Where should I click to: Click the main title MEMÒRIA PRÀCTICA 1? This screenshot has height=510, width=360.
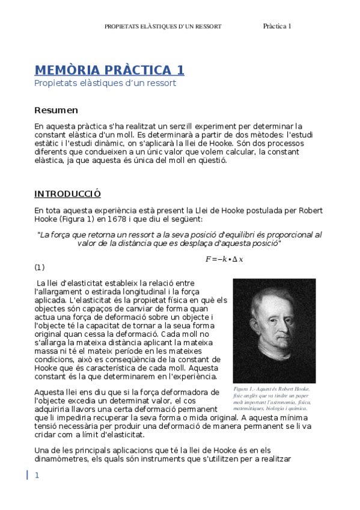pos(109,70)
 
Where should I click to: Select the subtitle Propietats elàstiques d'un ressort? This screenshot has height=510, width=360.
pos(105,83)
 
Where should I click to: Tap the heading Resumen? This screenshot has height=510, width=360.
pos(56,110)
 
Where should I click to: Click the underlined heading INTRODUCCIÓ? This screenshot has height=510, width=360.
pos(67,194)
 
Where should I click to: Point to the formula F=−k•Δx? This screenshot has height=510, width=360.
pos(224,259)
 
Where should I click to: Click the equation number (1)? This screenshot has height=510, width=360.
pos(39,267)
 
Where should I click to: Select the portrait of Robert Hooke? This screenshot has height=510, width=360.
pos(274,330)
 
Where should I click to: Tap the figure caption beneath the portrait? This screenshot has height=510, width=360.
pos(273,399)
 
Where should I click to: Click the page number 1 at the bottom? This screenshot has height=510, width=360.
pos(37,476)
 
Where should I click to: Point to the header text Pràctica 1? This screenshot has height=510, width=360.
pos(277,26)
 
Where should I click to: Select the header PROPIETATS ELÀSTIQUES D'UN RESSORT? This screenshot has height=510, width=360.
pos(163,26)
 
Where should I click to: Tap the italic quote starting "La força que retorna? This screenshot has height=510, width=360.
pos(179,239)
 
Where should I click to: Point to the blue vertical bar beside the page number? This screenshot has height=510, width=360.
pos(27,475)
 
